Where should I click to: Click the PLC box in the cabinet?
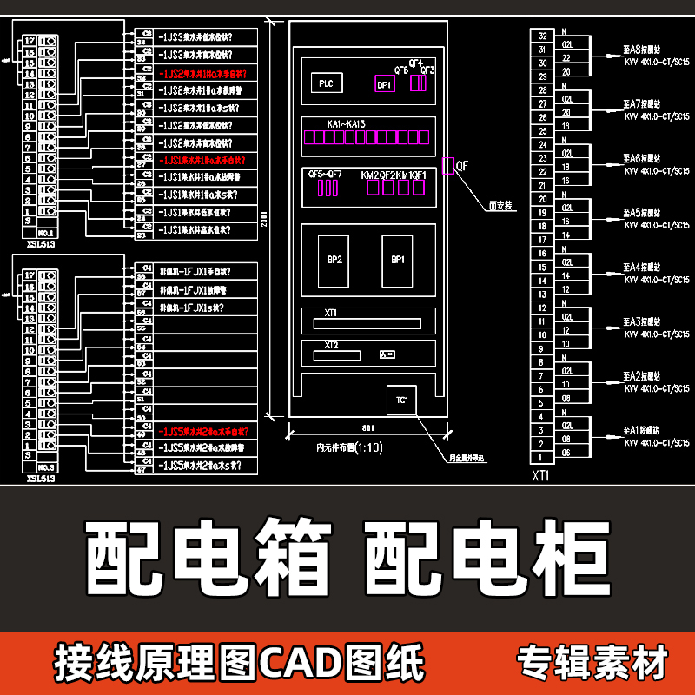pos(326,83)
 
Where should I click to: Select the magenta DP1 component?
pos(385,84)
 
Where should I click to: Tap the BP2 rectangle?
pos(334,260)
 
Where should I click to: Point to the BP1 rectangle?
pos(397,260)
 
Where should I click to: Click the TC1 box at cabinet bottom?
pos(401,400)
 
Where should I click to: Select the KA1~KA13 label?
pos(347,125)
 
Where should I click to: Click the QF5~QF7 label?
pos(325,175)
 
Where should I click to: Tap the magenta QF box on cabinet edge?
pos(448,166)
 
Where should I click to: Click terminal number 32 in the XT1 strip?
pos(542,36)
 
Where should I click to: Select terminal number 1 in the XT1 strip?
pos(542,457)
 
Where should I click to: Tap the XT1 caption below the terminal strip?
pos(541,476)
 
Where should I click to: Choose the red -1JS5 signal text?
pos(204,432)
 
